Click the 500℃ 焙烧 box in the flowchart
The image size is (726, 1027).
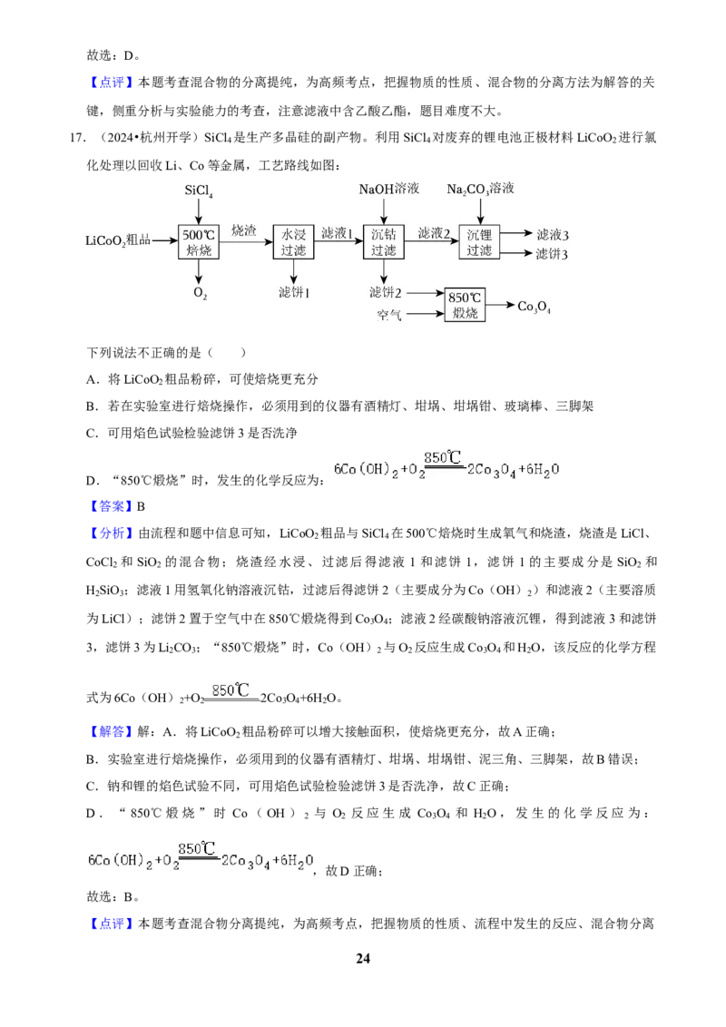(199, 241)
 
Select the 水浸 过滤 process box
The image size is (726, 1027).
(293, 241)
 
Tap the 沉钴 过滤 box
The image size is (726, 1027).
(383, 241)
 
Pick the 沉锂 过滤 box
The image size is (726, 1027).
(479, 241)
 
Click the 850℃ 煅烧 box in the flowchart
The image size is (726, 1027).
(465, 305)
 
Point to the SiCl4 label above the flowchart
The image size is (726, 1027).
(199, 191)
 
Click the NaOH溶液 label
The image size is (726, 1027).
(388, 190)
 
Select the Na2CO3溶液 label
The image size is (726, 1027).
(480, 190)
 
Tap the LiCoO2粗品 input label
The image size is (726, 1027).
(118, 241)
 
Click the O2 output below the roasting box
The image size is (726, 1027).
(200, 293)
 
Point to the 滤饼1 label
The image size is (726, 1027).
(293, 293)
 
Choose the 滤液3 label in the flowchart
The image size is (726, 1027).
(553, 234)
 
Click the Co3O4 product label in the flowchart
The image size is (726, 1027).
(534, 307)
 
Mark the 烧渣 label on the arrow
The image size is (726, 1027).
(244, 230)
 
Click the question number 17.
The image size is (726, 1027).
(77, 138)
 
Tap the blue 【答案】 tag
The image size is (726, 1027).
(109, 506)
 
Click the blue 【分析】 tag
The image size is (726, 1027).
(109, 533)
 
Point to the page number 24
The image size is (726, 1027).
(363, 958)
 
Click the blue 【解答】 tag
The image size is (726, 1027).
(109, 731)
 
